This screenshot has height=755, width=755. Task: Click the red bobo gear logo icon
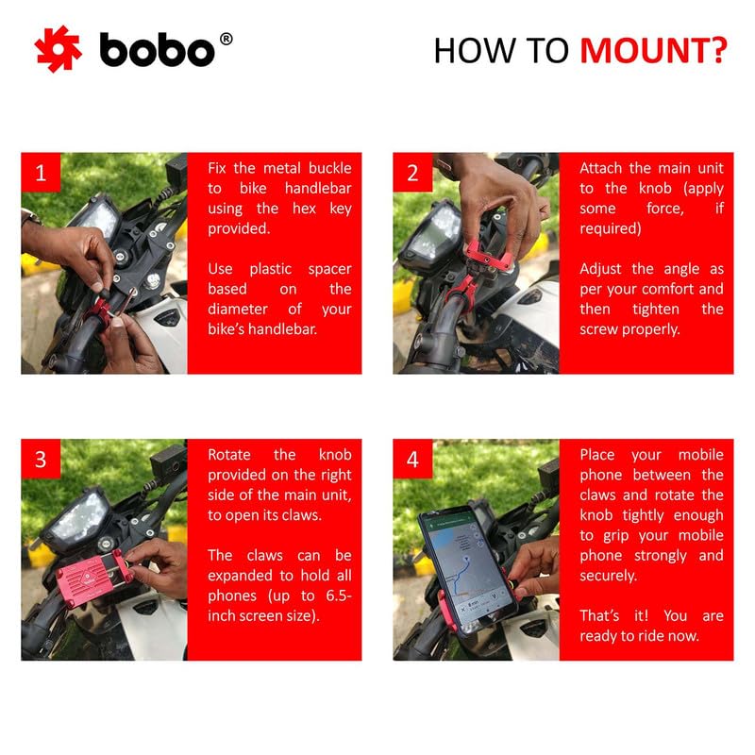[x=58, y=49]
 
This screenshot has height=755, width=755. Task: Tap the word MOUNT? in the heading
[x=653, y=50]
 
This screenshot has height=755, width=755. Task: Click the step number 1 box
[x=41, y=173]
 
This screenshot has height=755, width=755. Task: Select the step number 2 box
[x=412, y=173]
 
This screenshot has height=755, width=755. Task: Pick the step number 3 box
[x=41, y=460]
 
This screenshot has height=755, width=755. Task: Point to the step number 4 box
[x=412, y=460]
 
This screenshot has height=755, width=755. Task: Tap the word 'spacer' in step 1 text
[x=327, y=269]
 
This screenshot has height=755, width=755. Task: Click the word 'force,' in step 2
[x=663, y=209]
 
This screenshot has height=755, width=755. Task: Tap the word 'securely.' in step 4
[x=609, y=576]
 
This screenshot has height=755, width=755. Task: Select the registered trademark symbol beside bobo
[x=226, y=39]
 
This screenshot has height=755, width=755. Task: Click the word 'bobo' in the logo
[x=158, y=50]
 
